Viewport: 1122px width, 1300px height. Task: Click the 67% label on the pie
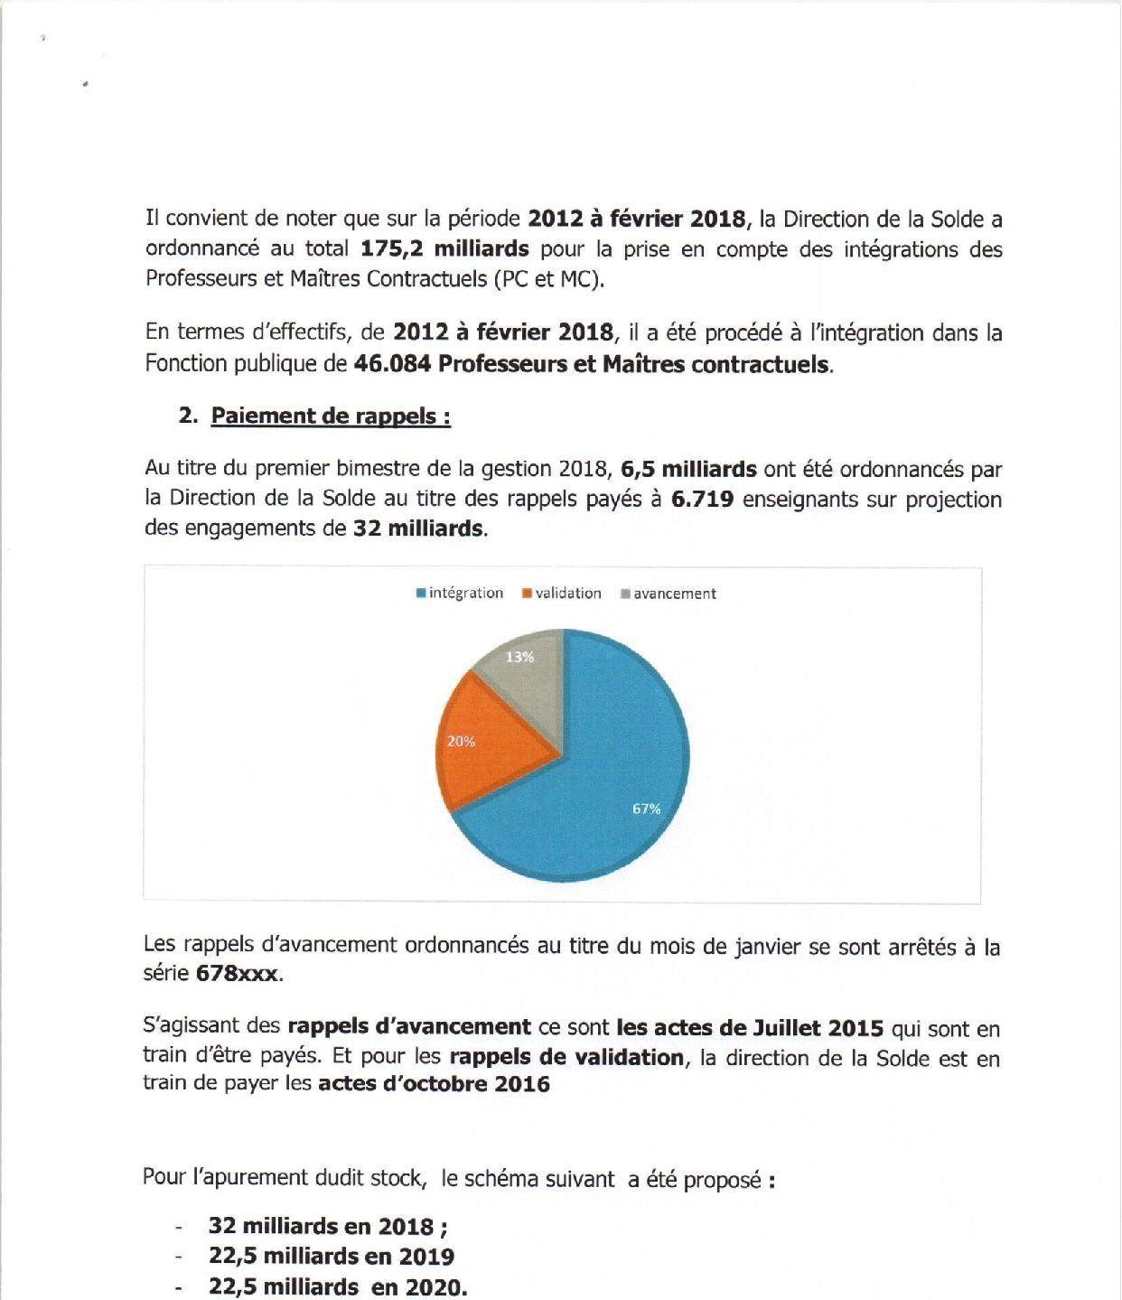coord(646,809)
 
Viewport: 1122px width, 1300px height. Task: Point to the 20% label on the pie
coord(461,741)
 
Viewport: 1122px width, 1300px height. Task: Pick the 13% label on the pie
coord(519,657)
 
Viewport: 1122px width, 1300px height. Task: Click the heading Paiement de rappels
coord(331,416)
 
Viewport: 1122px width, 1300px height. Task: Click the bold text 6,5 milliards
coord(688,469)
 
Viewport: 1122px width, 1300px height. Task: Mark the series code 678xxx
coord(238,975)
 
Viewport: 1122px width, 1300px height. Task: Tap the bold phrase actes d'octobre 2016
coord(434,1084)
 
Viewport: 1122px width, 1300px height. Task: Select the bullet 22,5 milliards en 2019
coord(331,1257)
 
